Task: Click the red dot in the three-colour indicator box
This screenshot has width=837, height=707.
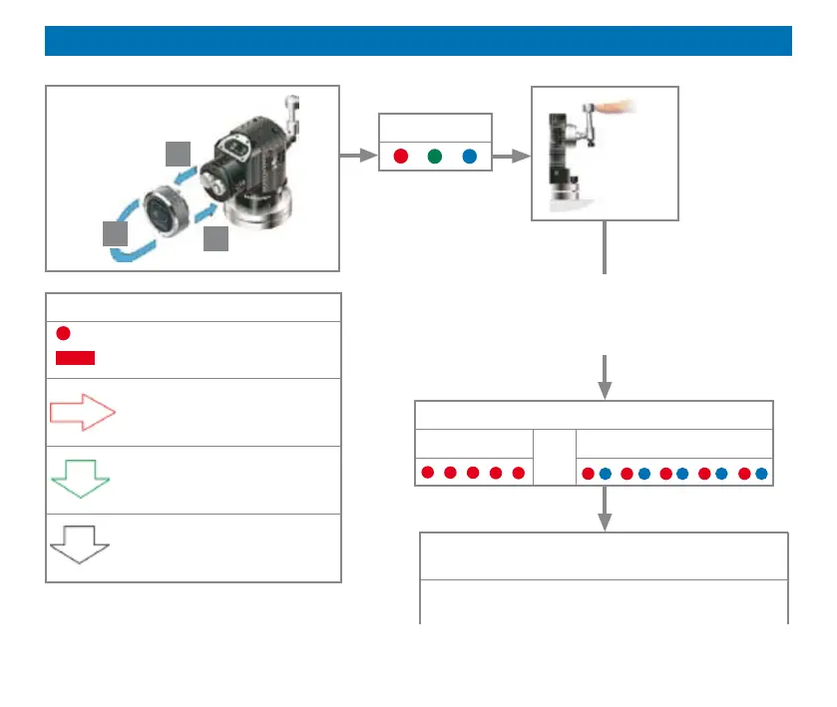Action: coord(400,157)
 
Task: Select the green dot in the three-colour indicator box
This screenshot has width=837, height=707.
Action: coord(434,157)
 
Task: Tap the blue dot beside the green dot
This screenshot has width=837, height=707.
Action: coord(469,157)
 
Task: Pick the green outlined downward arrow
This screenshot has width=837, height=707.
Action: coord(79,480)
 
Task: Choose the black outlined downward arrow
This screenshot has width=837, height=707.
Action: coord(79,544)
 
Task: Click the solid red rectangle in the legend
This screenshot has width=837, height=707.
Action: coord(76,358)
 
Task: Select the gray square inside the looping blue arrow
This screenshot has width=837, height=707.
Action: coord(116,233)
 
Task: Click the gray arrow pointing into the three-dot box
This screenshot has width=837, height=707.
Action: coord(354,157)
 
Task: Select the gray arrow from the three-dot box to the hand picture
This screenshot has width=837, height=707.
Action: coord(512,157)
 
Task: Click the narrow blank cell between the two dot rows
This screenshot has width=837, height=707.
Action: coord(555,458)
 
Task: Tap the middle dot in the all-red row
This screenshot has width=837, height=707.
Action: coord(473,473)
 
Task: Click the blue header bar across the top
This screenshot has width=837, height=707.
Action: coord(418,41)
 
